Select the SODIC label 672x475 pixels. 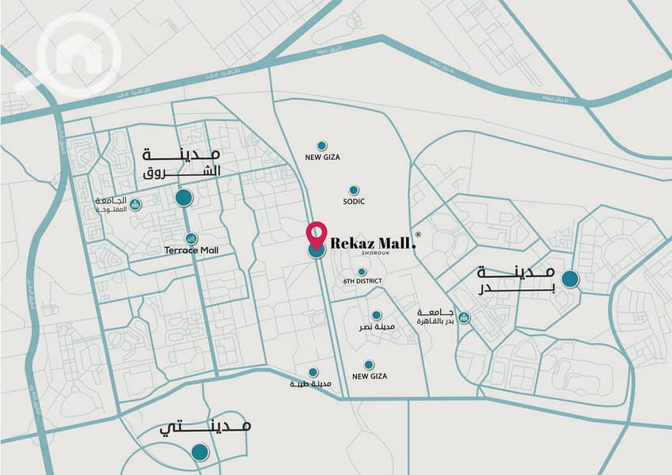[353, 203]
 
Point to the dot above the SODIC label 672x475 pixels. [353, 190]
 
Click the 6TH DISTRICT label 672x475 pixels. [363, 282]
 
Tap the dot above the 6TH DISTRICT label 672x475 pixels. [362, 272]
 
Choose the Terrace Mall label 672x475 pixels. [192, 251]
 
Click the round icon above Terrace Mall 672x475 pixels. [191, 238]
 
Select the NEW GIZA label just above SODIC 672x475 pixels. [322, 158]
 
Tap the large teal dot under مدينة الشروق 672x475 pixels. [184, 198]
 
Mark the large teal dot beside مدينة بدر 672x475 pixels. [569, 279]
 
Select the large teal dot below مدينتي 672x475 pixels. [200, 453]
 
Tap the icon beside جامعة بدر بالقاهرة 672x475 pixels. [464, 317]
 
